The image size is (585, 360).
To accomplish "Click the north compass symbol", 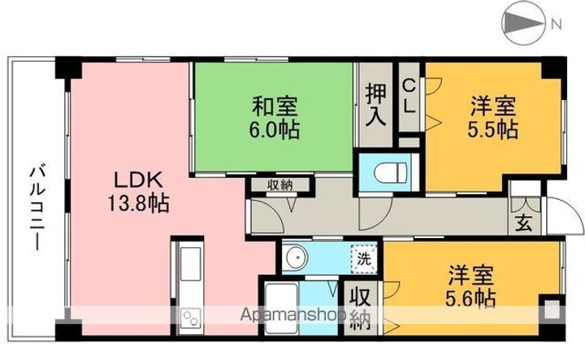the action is (x=523, y=24).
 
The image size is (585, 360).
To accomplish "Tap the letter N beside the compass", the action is (x=557, y=24).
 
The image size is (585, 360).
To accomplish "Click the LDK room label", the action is (x=138, y=180).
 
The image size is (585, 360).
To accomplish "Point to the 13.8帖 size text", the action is (x=138, y=204).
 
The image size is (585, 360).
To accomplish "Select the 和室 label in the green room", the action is (x=275, y=107).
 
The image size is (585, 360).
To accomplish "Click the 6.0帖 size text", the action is (x=275, y=131).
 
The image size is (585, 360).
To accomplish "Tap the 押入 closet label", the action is (x=375, y=105).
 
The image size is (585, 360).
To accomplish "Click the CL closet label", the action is (x=409, y=97).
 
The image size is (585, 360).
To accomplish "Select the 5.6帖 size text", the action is (x=470, y=298).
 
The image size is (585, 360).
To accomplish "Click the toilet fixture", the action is (x=390, y=172).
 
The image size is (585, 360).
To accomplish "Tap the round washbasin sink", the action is (x=296, y=258).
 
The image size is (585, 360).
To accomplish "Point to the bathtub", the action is (x=282, y=309).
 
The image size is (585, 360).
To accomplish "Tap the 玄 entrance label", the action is (x=524, y=223).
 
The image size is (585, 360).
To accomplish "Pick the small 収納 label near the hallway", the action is (x=280, y=185).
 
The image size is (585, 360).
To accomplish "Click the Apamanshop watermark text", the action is (x=292, y=314).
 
